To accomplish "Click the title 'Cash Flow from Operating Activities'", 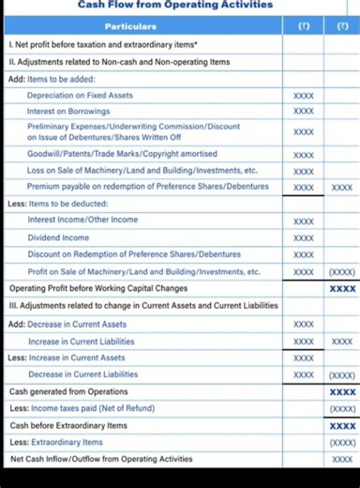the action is click(175, 6).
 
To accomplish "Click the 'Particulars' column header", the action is click(144, 26).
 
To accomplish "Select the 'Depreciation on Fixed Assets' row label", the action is click(80, 95).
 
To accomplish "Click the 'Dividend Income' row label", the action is click(58, 237).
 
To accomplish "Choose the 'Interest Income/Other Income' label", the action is click(82, 220).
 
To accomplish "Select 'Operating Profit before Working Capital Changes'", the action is click(98, 288).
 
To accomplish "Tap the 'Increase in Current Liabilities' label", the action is click(81, 342).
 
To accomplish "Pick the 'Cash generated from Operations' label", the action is click(68, 391).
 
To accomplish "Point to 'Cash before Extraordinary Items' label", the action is click(69, 425).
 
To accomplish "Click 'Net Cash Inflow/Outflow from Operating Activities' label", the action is click(101, 459).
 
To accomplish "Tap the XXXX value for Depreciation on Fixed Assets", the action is click(303, 95).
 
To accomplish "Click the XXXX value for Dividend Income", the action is click(303, 238).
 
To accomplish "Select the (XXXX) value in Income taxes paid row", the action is click(341, 408).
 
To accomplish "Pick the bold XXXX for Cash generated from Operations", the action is click(341, 391).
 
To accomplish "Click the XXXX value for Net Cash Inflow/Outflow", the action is click(341, 459).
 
